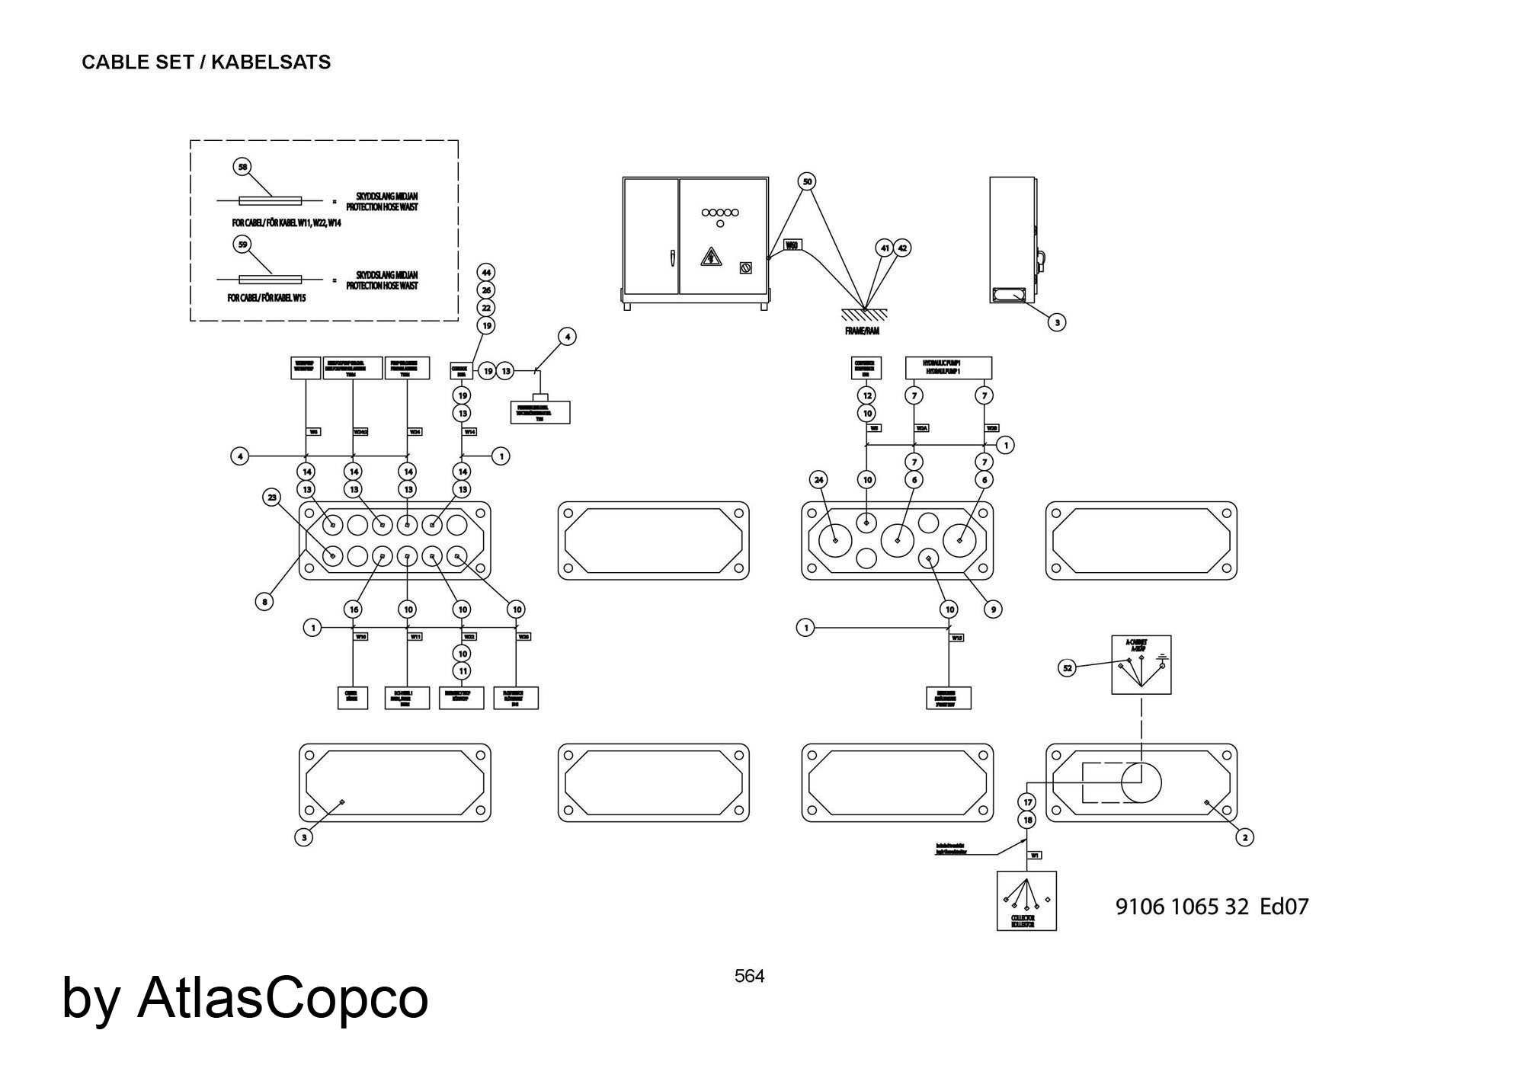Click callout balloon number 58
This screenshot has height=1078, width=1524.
pos(242,167)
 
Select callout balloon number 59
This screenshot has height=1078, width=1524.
pos(242,245)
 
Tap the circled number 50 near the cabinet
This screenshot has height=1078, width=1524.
pos(808,181)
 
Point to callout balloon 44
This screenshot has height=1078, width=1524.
pos(486,272)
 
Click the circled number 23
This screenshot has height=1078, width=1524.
pos(272,497)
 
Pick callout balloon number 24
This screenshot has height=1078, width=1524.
pos(819,479)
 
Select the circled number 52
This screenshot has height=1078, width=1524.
pos(1068,668)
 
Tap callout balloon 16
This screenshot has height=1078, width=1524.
pos(353,609)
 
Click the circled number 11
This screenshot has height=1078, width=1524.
pos(462,671)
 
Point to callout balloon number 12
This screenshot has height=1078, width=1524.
pos(867,395)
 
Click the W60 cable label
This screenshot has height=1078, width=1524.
pos(792,245)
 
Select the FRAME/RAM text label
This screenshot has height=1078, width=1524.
pos(862,331)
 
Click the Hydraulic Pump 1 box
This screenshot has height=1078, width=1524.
pos(948,367)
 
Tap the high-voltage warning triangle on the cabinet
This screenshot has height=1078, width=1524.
pos(711,257)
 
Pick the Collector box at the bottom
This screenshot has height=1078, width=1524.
pos(1026,900)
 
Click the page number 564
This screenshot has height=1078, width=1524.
pos(749,976)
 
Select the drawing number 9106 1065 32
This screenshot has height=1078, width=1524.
pos(1182,907)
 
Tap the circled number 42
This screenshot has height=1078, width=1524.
pos(901,248)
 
